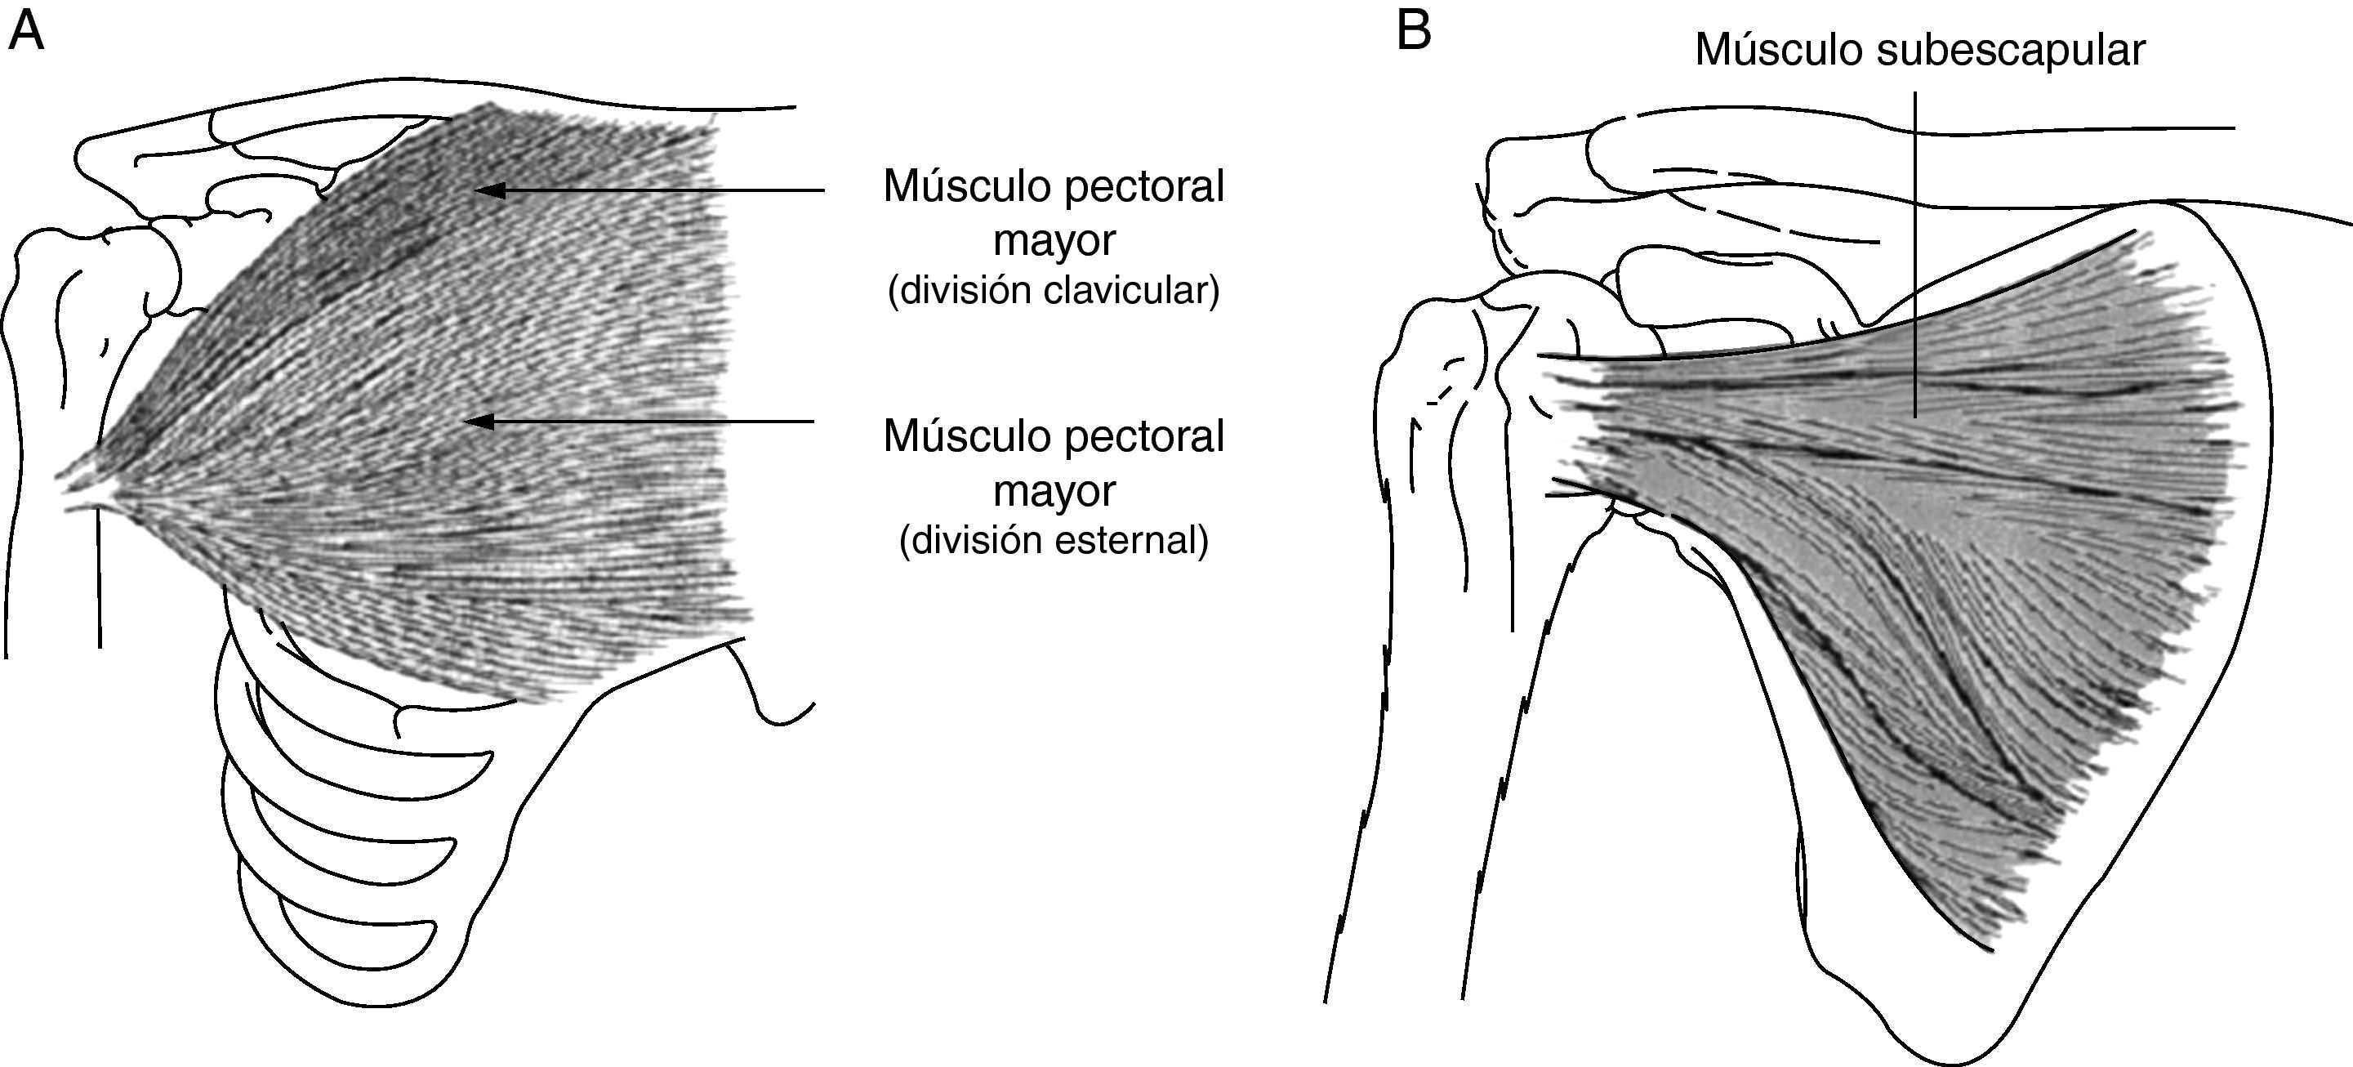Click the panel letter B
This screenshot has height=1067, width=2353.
click(x=1413, y=31)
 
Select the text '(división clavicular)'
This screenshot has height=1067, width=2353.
click(x=1054, y=291)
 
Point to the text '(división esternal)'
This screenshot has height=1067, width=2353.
click(x=1054, y=540)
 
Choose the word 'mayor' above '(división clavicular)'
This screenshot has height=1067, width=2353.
click(x=1054, y=240)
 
